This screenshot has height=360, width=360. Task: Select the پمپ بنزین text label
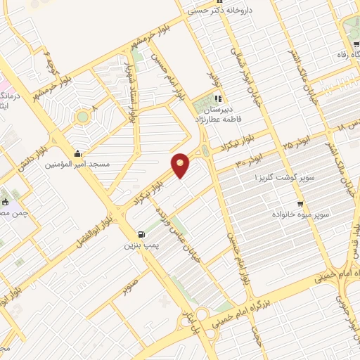pyautogui.click(x=139, y=245)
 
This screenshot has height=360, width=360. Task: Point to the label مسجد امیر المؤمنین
pyautogui.click(x=77, y=164)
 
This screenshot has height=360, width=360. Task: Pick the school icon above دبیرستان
pyautogui.click(x=218, y=98)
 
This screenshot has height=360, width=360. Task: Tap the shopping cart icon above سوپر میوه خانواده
pyautogui.click(x=300, y=201)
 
